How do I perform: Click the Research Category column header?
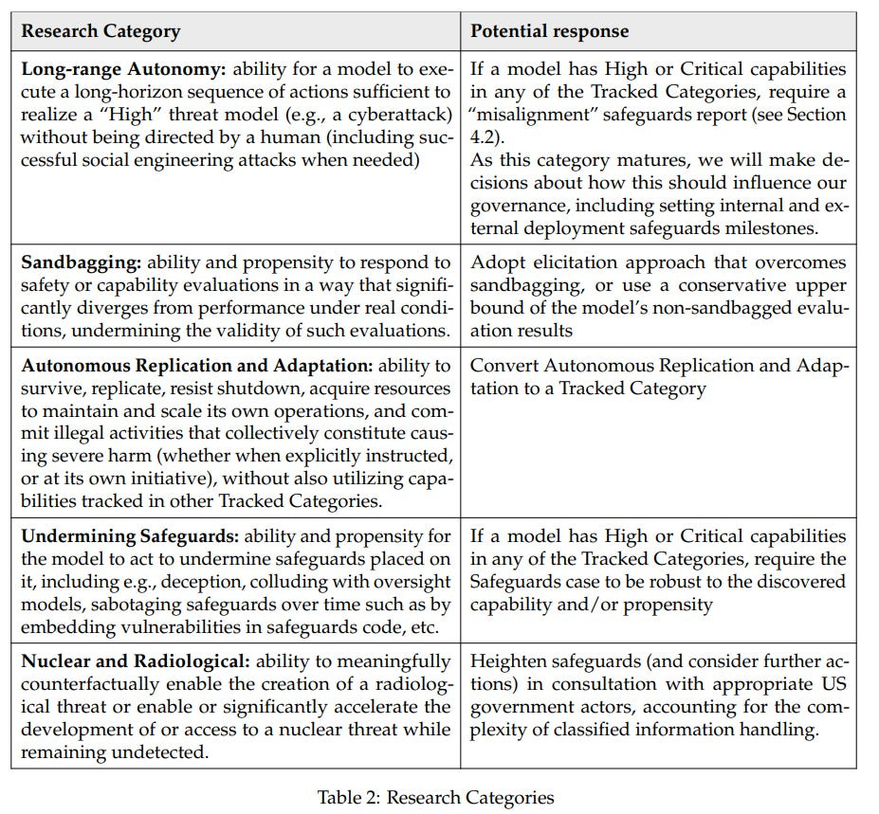(x=101, y=31)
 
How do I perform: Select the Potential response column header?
(x=549, y=31)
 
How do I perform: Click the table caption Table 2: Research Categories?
(x=435, y=797)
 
